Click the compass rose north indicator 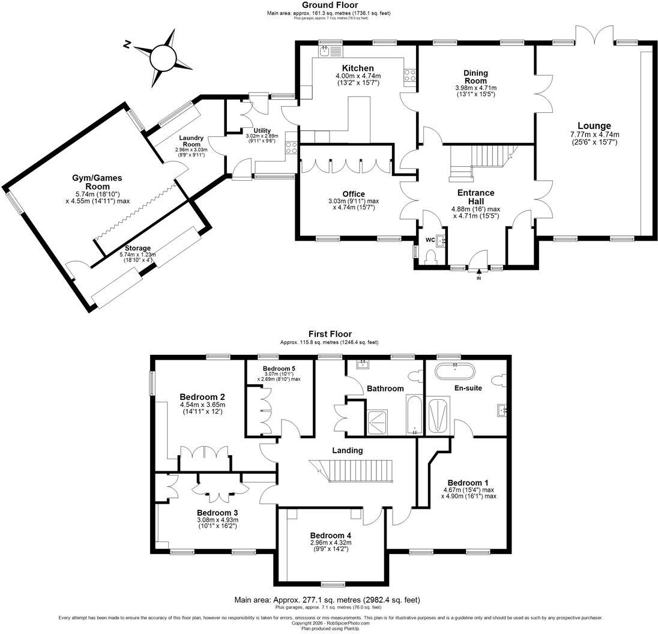coord(127,44)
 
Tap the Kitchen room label coord(358,68)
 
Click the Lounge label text coord(594,126)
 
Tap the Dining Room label coord(475,77)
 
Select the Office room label coord(354,195)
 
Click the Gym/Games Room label coord(97,182)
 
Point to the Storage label coord(137,249)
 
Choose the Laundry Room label coord(191,141)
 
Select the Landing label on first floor coord(348,451)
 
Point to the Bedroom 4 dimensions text coord(331,546)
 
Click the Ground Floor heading coord(330,5)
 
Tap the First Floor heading coord(330,334)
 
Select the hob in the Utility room coord(291,148)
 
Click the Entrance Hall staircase coord(483,162)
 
